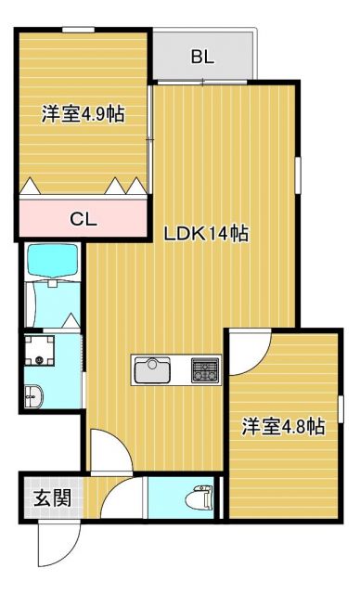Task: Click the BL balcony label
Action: click(x=202, y=57)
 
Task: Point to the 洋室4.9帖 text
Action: click(x=83, y=115)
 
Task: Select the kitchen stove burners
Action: click(x=204, y=371)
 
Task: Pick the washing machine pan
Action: click(x=40, y=352)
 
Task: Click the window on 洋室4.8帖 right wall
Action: click(x=341, y=408)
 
